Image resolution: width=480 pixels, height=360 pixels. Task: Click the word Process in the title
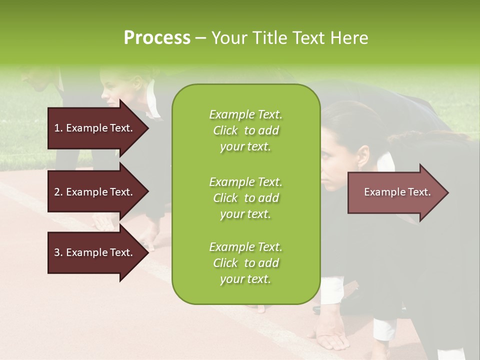coord(157,38)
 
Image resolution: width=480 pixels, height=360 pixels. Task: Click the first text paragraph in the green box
coord(245,130)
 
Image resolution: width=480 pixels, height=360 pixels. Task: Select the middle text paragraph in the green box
coord(245,197)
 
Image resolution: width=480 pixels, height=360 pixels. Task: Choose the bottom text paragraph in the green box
coord(245,263)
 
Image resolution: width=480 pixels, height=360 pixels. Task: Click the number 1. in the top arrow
coord(58,128)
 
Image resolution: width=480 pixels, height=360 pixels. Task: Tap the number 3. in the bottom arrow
coord(58,252)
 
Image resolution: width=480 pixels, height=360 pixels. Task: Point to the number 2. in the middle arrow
coord(58,192)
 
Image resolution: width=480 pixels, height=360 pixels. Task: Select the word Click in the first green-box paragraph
coord(225,130)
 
